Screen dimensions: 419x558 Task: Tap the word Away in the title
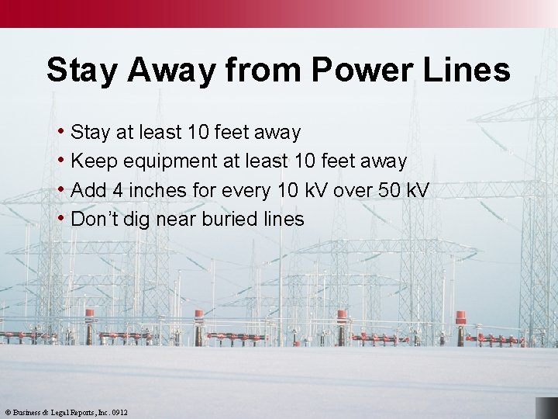(170, 70)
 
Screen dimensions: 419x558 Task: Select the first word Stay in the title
(81, 70)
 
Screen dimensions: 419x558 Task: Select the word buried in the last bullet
(229, 220)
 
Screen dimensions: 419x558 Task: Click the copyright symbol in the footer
(8, 413)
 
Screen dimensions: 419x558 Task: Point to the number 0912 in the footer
(119, 413)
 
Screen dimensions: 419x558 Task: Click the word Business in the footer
(29, 413)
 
